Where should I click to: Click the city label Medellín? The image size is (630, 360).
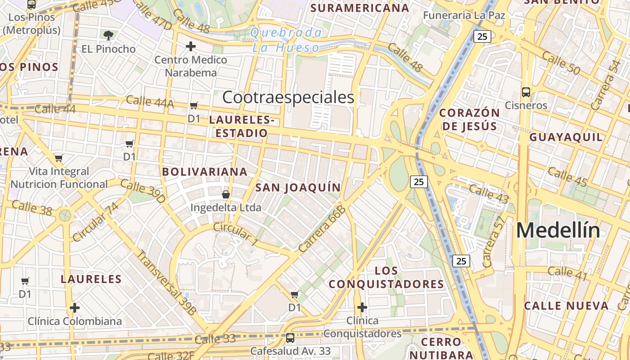coord(558,230)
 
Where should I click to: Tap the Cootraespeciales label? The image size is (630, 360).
coord(288,97)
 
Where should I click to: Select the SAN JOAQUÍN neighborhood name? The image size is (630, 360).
coord(298,187)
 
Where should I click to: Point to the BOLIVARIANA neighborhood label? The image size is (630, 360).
coord(205,171)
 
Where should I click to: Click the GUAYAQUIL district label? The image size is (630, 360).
coord(566,137)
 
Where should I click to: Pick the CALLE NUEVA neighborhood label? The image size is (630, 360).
coord(566,306)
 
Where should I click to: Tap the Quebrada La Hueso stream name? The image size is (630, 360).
coord(286,40)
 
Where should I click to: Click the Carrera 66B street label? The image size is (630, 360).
coord(322,229)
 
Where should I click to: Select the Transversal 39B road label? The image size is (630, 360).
coord(166,282)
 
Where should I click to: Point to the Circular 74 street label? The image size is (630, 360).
coord(95,221)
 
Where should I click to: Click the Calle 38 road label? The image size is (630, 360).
coord(32,207)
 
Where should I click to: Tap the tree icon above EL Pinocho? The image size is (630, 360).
coord(108,35)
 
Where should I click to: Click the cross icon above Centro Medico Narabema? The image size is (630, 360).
coord(191,46)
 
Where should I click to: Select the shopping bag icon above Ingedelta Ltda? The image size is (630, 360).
coord(226,194)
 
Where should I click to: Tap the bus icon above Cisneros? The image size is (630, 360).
coord(526,92)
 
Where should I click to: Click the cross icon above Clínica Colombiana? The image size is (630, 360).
coord(75,308)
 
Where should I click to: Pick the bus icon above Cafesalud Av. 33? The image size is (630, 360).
coord(290,337)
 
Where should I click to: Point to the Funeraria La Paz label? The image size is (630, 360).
coord(464,15)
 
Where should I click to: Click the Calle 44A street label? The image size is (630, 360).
coord(149,102)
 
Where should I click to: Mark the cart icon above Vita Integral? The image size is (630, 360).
coord(58,158)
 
